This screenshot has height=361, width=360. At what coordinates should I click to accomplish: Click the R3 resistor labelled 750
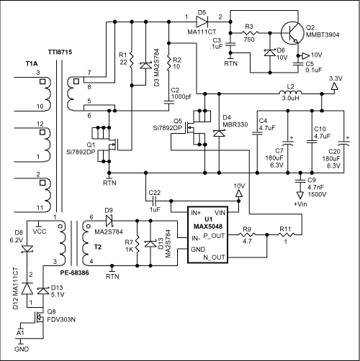251,35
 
